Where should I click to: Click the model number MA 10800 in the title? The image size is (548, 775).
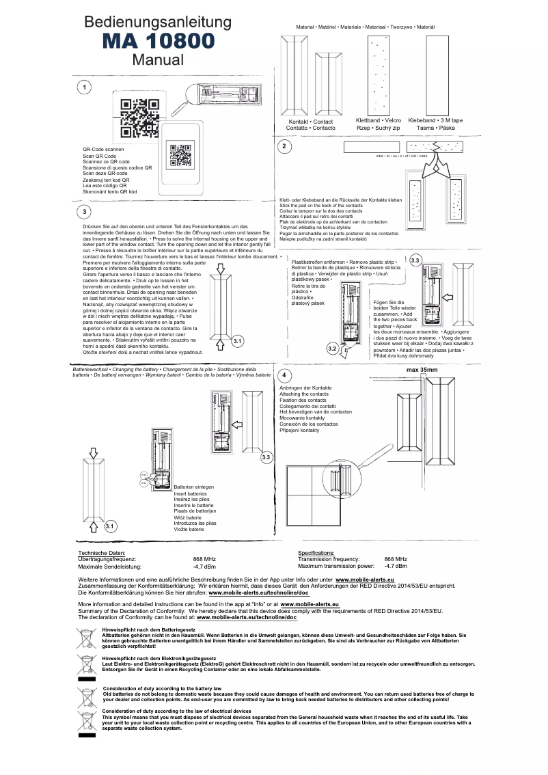coord(158,41)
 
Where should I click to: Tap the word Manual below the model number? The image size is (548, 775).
coord(158,59)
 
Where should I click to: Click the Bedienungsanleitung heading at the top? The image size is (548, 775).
coord(158,23)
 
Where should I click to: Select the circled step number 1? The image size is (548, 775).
coord(83,87)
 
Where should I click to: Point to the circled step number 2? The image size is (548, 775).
coord(284,147)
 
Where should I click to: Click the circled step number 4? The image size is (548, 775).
coord(284,377)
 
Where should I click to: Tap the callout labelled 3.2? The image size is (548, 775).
coord(333,349)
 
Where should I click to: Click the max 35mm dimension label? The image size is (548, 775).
coord(422,370)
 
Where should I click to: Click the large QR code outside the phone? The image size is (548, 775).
coord(140,119)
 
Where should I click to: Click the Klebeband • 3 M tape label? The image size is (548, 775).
coord(435,121)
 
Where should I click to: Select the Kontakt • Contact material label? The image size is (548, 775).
coord(310,122)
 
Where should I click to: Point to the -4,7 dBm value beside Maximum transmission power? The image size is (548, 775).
coord(396,566)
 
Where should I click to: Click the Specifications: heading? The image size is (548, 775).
coord(316,552)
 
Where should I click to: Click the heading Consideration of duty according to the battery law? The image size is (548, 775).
coord(161,688)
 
